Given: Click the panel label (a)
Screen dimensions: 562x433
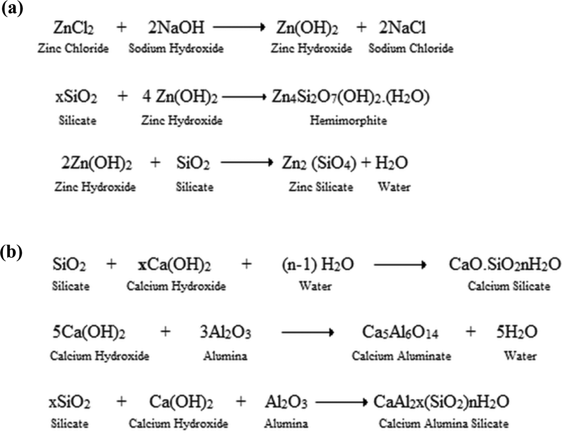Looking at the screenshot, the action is [12, 9].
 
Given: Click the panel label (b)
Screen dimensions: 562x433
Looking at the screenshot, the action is [11, 252].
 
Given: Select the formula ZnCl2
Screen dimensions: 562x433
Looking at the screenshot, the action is [73, 28].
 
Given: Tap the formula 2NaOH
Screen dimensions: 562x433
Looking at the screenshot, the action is [176, 27].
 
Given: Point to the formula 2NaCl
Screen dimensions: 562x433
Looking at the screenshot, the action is [402, 27].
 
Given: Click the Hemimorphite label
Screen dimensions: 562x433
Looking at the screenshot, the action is [348, 120].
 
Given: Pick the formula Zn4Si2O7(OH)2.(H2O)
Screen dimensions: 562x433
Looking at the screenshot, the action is [351, 97].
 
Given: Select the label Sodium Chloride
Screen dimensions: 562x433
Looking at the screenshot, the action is [411, 48].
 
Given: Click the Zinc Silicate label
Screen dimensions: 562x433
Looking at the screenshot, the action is [321, 187].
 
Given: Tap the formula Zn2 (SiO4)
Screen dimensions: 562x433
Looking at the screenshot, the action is [319, 163].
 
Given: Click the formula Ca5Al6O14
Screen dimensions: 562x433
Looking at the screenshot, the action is [400, 332].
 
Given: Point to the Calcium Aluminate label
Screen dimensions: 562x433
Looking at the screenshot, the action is [402, 356].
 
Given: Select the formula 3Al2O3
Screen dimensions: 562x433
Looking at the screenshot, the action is [225, 332].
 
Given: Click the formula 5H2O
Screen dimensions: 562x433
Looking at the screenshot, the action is [517, 332].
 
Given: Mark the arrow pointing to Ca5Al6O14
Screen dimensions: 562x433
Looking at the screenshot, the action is [308, 332].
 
